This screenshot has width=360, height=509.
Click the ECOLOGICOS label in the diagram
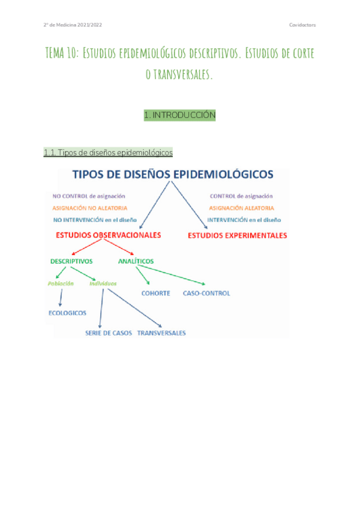click(x=67, y=313)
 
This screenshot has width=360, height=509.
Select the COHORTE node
click(x=155, y=294)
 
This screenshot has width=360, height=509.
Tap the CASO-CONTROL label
click(x=206, y=294)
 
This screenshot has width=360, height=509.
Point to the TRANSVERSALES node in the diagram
click(x=161, y=333)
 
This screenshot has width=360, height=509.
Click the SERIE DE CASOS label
click(x=108, y=333)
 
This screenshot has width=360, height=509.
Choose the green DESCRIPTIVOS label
click(x=71, y=261)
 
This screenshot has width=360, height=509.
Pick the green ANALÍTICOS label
click(x=136, y=261)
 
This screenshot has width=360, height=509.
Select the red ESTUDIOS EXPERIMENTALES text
click(x=238, y=235)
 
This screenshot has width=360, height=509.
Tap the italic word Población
click(x=61, y=283)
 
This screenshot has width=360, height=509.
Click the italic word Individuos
click(x=103, y=283)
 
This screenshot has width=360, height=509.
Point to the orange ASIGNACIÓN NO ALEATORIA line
click(x=90, y=208)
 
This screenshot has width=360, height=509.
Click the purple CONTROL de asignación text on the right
click(x=241, y=196)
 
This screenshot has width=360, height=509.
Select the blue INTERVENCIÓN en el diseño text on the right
click(x=244, y=220)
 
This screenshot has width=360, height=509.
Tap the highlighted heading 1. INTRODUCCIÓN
click(x=179, y=115)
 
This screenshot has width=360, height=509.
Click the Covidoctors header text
click(x=302, y=25)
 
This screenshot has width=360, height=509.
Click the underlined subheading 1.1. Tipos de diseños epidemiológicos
click(x=108, y=153)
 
